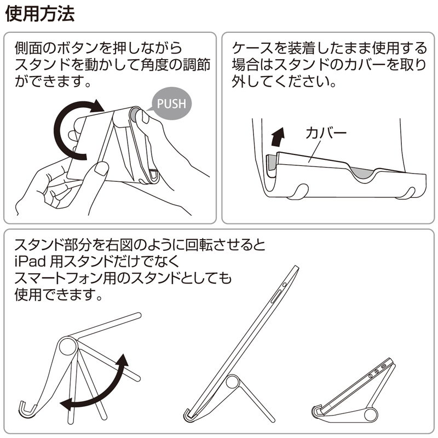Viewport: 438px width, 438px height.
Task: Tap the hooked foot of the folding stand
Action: click(25, 408)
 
